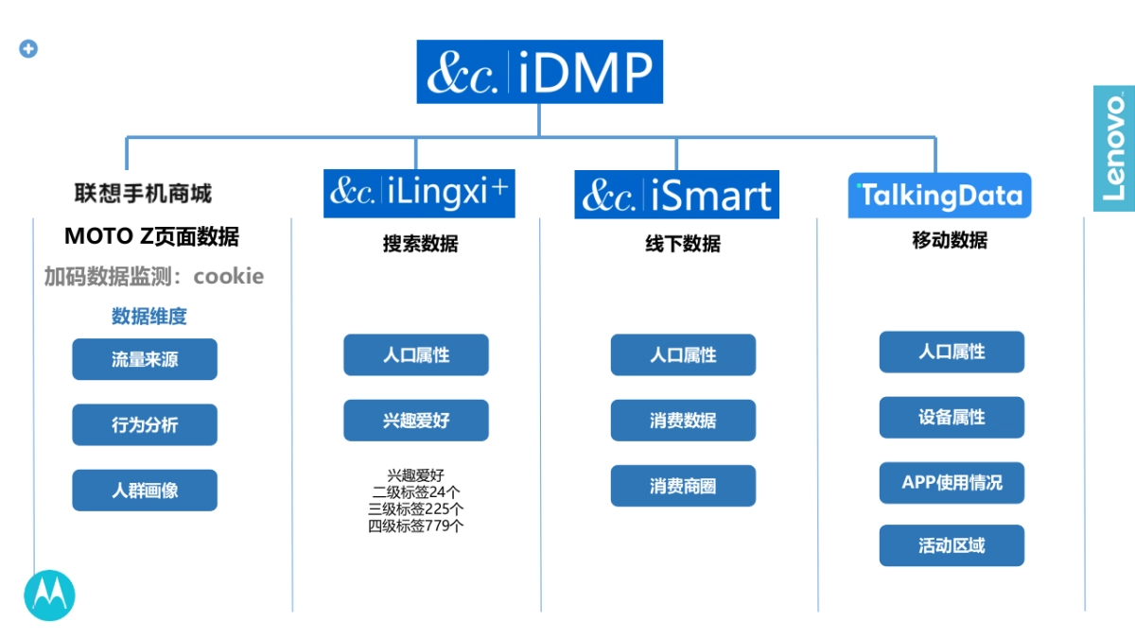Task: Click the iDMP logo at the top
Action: pos(539,72)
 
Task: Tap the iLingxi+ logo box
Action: pos(419,193)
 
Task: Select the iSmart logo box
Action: pos(676,195)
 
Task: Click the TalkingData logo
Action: pos(939,196)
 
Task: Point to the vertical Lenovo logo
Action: pos(1114,149)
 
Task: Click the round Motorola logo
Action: pos(49,595)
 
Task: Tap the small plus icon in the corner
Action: pos(28,49)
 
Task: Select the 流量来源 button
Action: pos(145,359)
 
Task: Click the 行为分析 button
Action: pos(145,424)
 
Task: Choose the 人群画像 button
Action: pos(145,491)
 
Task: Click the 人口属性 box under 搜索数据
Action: pos(416,355)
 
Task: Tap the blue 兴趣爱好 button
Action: pos(416,421)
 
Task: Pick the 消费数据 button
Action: pos(683,421)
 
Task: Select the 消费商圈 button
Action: pos(683,486)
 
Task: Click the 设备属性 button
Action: pos(952,417)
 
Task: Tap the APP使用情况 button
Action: pos(952,482)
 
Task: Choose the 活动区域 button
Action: pos(952,545)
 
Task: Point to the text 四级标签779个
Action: pos(416,526)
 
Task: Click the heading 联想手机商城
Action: pos(143,194)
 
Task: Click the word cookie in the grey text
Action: pos(229,276)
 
